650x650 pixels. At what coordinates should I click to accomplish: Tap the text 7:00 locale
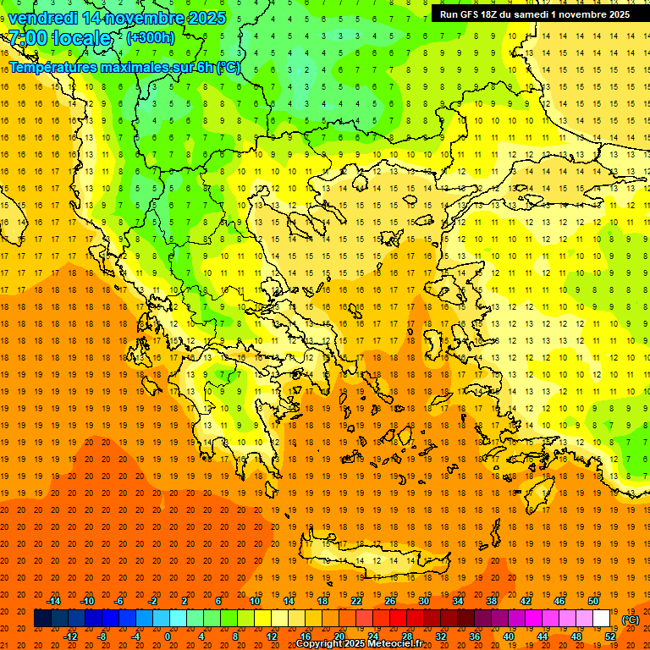59,38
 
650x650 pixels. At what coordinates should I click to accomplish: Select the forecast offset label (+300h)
151,38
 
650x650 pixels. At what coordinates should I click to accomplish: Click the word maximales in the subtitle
126,67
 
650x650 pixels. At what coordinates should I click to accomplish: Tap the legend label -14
53,601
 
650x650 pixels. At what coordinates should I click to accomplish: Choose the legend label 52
610,636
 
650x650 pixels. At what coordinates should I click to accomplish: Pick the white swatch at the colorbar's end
602,619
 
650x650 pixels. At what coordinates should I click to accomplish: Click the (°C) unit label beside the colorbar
630,620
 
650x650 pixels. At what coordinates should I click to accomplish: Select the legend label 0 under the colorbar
168,636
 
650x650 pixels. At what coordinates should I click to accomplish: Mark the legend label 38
492,601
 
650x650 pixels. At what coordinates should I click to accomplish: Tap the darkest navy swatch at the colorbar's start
42,619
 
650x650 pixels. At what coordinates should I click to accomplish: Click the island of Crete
381,559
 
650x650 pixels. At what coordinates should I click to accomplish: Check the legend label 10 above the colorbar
255,601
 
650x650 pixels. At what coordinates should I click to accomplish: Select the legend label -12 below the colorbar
71,636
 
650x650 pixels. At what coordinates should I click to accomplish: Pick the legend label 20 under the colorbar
339,636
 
